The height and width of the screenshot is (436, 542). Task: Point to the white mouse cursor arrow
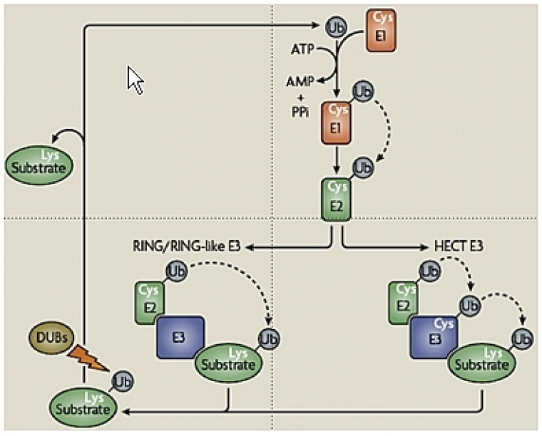(x=135, y=80)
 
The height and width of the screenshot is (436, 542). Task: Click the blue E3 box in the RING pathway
(x=180, y=337)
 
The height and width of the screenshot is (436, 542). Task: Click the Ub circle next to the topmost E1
(x=337, y=28)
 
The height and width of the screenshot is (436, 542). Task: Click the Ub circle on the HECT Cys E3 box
(x=469, y=306)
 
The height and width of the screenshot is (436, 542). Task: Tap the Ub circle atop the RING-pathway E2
(x=176, y=271)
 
